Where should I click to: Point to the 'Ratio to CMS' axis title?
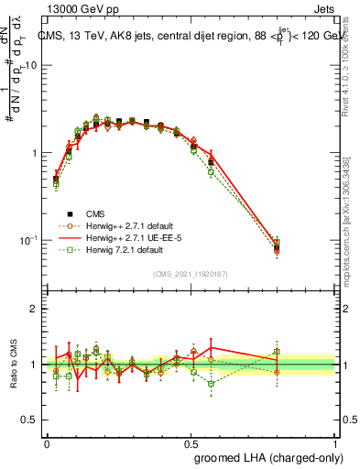pyautogui.click(x=13, y=364)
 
